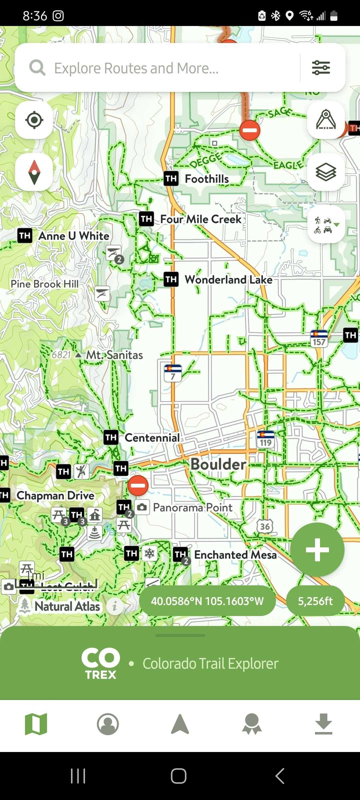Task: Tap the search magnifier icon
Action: pyautogui.click(x=37, y=68)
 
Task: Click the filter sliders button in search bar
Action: pyautogui.click(x=321, y=68)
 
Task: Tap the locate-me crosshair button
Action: pyautogui.click(x=34, y=120)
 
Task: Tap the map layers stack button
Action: pyautogui.click(x=326, y=172)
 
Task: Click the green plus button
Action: pyautogui.click(x=317, y=550)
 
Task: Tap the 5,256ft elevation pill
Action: pyautogui.click(x=315, y=601)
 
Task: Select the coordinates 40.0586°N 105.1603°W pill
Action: pyautogui.click(x=207, y=601)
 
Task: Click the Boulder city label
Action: pyautogui.click(x=218, y=464)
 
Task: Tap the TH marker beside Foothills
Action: pyautogui.click(x=171, y=179)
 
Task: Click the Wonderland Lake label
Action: pyautogui.click(x=228, y=280)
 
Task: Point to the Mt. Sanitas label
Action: pyautogui.click(x=114, y=355)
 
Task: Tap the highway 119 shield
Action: pyautogui.click(x=266, y=439)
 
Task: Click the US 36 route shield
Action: pyautogui.click(x=265, y=526)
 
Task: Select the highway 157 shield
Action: pyautogui.click(x=319, y=338)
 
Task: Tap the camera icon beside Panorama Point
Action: pyautogui.click(x=142, y=507)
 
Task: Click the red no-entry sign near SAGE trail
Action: pyautogui.click(x=250, y=130)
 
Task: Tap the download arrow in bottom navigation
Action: pyautogui.click(x=323, y=724)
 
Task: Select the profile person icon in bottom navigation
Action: pyautogui.click(x=108, y=724)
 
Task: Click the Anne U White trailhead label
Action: pyautogui.click(x=74, y=236)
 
